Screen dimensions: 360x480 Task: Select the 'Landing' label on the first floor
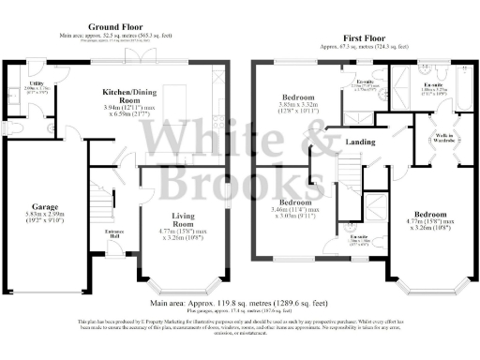361,142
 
